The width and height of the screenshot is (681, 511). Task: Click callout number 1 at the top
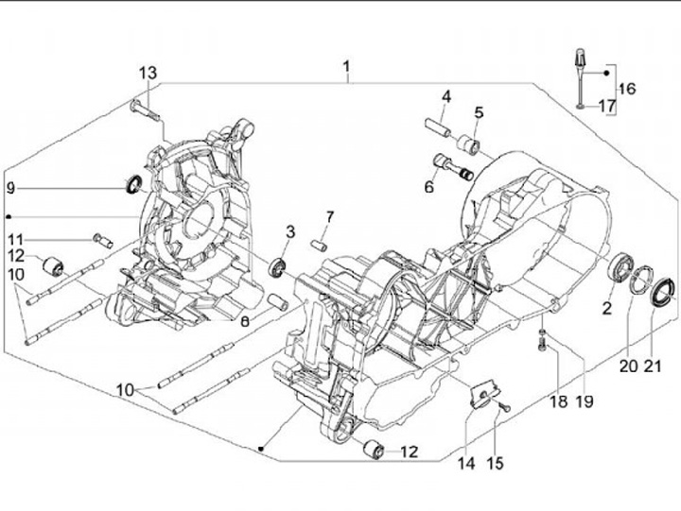point(347,67)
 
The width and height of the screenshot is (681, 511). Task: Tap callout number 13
point(148,74)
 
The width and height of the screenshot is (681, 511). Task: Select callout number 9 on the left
point(11,188)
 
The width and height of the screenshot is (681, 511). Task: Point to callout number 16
point(627,89)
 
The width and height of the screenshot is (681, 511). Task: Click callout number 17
point(606,107)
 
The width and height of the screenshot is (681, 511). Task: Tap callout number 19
point(585,401)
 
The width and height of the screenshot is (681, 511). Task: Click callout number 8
point(243,322)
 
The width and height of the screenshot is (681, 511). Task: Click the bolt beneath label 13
point(145,107)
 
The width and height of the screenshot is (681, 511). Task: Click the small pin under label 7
point(321,243)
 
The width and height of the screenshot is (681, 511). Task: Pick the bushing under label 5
point(468,145)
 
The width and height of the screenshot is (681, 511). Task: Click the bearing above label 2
point(621,267)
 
